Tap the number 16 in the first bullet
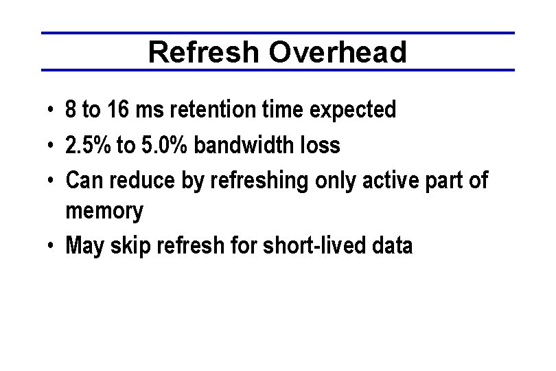[x=117, y=109]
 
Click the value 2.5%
[x=84, y=145]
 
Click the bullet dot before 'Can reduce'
[x=51, y=181]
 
